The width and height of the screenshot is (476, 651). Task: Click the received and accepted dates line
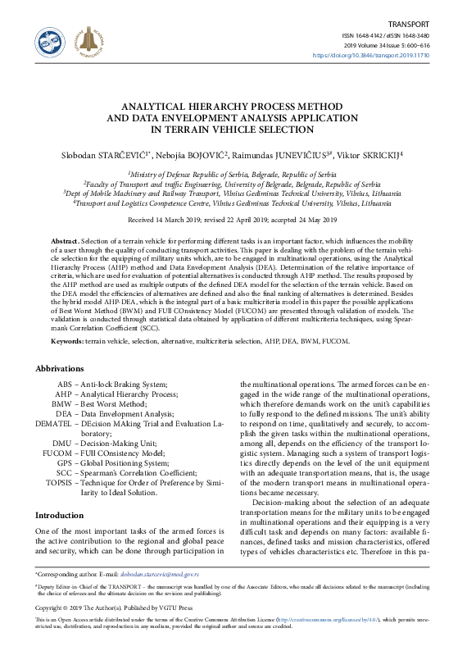point(238,221)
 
